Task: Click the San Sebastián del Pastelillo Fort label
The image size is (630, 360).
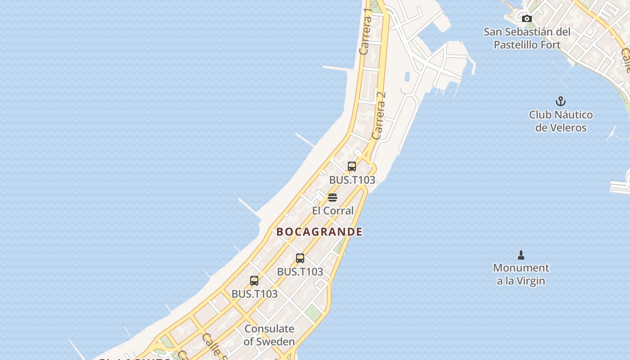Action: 527,38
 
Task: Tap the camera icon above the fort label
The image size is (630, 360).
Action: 527,18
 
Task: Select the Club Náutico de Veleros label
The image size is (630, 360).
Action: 561,121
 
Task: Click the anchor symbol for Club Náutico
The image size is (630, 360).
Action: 561,101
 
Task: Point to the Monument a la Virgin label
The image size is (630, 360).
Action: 521,274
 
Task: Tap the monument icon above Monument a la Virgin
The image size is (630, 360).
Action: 521,255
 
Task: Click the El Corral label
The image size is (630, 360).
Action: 333,211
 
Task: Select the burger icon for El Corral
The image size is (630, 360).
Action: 333,198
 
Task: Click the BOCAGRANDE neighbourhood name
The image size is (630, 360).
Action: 319,232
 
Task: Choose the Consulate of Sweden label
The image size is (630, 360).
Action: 269,335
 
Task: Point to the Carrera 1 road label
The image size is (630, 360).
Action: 366,31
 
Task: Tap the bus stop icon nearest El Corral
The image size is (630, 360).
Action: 352,166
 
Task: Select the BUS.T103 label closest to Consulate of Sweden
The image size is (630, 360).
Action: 254,294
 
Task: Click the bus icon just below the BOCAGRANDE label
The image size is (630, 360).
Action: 300,258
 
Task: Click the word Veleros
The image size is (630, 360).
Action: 561,128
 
